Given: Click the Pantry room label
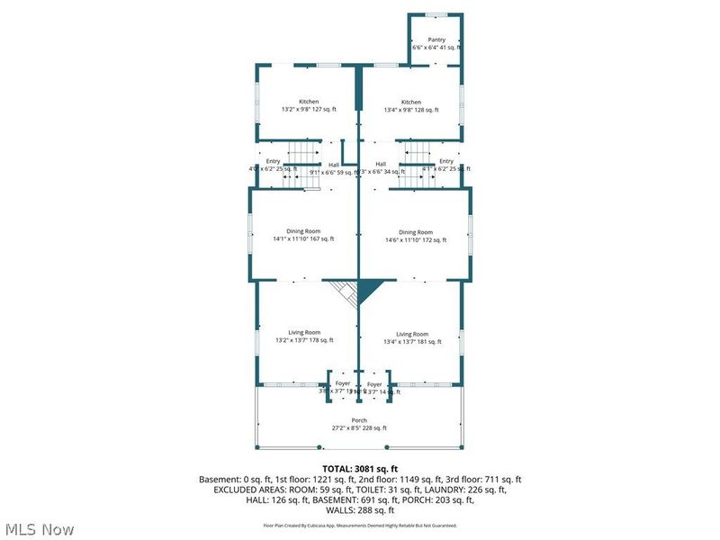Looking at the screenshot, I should coord(436,40).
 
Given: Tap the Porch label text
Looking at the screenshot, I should coord(359,420).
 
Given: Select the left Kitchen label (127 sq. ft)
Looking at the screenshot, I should coord(309,102).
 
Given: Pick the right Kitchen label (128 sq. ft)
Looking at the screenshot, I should coord(411,102).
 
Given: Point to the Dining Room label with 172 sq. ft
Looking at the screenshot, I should coord(416,232).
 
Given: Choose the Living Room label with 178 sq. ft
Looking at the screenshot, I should coord(304,333).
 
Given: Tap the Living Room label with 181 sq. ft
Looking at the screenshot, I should coord(412,333).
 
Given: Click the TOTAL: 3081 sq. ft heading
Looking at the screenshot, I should coord(359,469).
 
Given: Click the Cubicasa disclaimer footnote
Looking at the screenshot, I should coord(359,526).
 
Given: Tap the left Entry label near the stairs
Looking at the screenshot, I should coord(273,161).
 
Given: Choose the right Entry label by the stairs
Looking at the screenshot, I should coord(446,161).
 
